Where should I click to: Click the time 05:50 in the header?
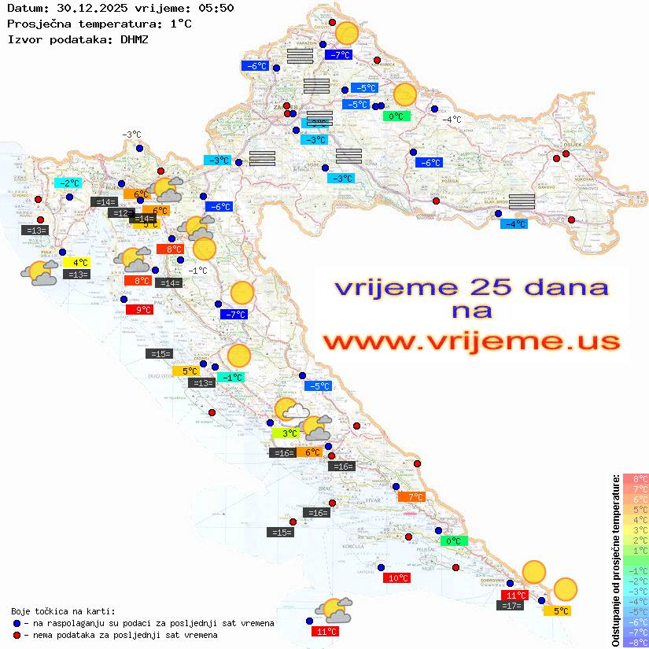coord(216,8)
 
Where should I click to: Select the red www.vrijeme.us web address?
coord(471,341)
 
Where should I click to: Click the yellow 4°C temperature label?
coord(79,262)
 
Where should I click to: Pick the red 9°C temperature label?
coord(140,310)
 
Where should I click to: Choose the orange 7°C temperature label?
coord(411,496)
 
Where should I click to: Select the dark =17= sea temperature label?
coord(511,606)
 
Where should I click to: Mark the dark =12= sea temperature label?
coord(121,213)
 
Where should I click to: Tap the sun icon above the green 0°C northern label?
coord(404,94)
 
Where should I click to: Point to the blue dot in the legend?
coord(17,623)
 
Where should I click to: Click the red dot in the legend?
coord(17,635)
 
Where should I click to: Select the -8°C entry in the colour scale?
coord(635,642)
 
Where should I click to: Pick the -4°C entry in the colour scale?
coord(635,601)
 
